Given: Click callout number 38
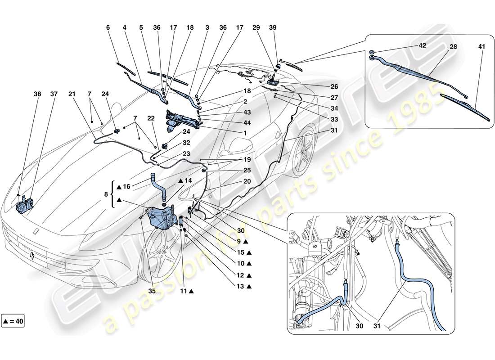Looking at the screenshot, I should pos(36,95).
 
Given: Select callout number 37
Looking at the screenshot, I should pos(54,95).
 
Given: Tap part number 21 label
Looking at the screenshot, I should pos(72,95).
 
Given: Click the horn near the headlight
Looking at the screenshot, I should pos(21,207).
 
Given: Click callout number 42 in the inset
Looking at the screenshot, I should pos(422,46).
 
